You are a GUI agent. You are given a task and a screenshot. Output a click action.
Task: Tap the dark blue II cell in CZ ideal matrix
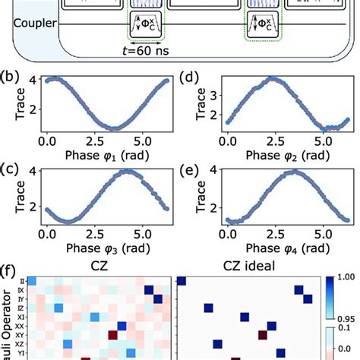(x=183, y=280)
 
